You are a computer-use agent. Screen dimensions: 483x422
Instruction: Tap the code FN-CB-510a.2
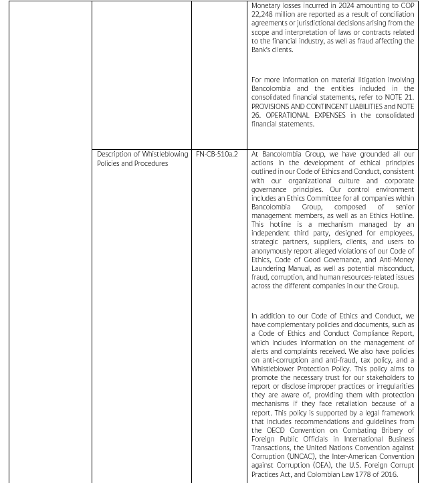coord(217,154)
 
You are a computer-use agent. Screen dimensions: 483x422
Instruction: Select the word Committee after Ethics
coord(329,198)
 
